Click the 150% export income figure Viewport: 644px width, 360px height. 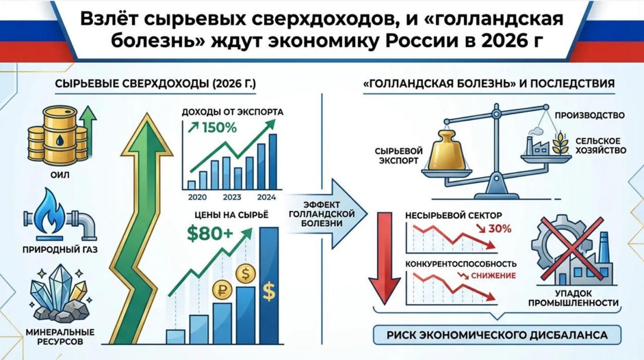pos(219,128)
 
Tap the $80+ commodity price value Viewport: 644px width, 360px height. pos(210,233)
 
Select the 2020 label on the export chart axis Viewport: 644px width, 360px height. pos(197,198)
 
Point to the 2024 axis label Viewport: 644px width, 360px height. pos(266,198)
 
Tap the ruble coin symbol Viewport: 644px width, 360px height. pos(222,290)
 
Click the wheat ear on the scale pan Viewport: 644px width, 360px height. pos(560,143)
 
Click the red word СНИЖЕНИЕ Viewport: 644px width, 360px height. pos(494,276)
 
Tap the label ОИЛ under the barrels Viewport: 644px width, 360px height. pos(60,175)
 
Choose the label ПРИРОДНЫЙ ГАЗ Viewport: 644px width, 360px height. pos(60,250)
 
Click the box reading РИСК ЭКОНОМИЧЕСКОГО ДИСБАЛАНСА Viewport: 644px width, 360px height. pos(497,335)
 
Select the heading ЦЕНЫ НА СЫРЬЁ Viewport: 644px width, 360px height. pos(231,215)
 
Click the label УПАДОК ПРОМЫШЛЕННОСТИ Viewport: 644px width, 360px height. pos(574,298)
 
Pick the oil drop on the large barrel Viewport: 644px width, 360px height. pos(60,140)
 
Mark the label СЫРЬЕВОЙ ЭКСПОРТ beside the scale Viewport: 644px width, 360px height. pos(398,156)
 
